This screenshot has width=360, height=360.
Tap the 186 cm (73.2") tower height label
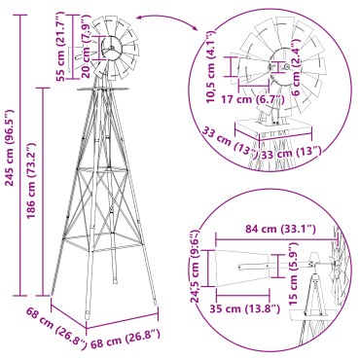[34, 190]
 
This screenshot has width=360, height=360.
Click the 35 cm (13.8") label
[248, 308]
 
